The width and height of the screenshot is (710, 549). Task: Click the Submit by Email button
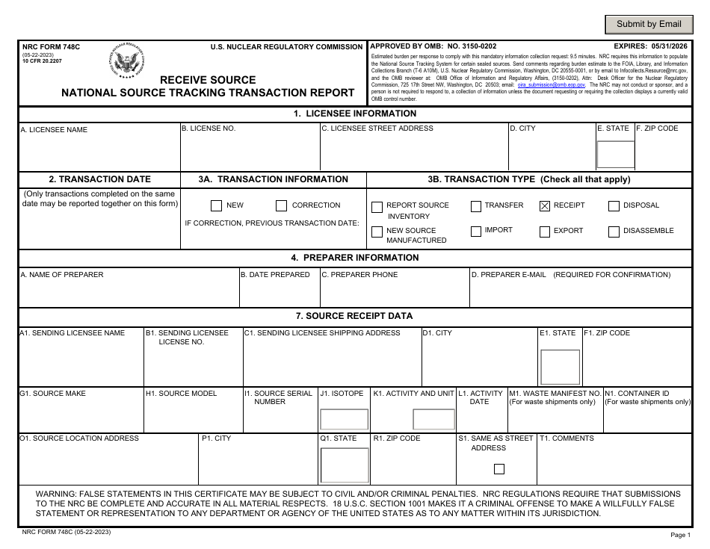pos(648,24)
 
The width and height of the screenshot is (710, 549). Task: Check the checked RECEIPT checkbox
pos(544,206)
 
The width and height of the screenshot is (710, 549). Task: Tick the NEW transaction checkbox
pos(216,206)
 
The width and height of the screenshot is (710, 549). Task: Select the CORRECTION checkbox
pos(281,206)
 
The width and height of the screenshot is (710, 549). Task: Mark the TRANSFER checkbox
pos(475,206)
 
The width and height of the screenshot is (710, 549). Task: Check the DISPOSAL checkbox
pos(614,206)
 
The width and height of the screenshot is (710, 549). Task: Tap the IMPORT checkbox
pos(475,232)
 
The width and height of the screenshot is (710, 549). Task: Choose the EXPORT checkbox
pos(544,232)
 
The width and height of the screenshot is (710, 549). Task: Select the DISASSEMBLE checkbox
pos(614,232)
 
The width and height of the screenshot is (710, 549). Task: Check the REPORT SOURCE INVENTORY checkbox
pos(377,207)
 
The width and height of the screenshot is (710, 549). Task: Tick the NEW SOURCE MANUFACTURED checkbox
pos(377,232)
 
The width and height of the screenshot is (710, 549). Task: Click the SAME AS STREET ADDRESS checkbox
pos(499,469)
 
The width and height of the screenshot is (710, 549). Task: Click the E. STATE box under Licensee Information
pos(615,153)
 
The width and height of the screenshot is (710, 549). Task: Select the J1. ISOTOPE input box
pos(344,420)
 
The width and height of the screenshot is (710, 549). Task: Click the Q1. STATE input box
pos(344,465)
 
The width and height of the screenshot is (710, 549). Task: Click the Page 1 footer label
pos(681,535)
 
